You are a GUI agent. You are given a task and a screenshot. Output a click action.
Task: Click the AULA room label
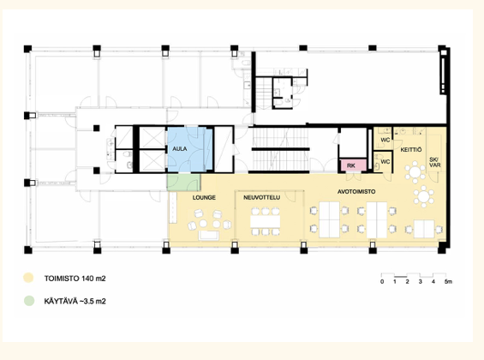tap(179, 149)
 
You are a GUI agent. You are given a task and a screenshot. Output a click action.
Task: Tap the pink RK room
tap(353, 165)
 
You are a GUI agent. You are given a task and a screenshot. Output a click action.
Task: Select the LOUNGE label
tap(204, 198)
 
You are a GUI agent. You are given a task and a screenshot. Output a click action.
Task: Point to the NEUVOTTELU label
tap(262, 198)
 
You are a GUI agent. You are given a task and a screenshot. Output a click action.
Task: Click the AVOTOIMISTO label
tap(356, 192)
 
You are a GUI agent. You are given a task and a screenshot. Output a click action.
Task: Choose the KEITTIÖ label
tap(411, 150)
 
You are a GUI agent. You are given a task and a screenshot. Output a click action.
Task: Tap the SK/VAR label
tap(435, 162)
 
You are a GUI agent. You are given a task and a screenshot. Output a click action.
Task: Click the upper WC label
tap(385, 140)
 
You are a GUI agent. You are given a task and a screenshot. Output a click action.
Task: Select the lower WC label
tap(385, 161)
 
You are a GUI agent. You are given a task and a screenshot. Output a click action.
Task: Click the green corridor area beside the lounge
tap(183, 183)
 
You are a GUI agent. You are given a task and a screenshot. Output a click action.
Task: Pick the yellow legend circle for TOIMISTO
tap(28, 278)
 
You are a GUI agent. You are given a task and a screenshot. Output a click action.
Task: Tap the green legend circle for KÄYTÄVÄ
tap(29, 301)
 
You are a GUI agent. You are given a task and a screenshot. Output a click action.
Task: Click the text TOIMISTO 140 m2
tap(75, 279)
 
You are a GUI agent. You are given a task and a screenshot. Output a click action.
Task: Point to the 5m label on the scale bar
tap(448, 282)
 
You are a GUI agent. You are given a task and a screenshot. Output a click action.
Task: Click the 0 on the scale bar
tap(382, 282)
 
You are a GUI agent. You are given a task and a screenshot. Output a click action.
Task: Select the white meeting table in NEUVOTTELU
tap(266, 221)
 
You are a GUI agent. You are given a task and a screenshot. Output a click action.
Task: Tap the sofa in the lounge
tap(209, 235)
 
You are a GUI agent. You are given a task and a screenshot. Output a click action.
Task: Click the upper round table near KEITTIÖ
tap(415, 172)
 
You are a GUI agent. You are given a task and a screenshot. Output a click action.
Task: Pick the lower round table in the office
tap(424, 196)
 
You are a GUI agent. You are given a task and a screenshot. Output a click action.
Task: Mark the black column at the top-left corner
tap(27, 49)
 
